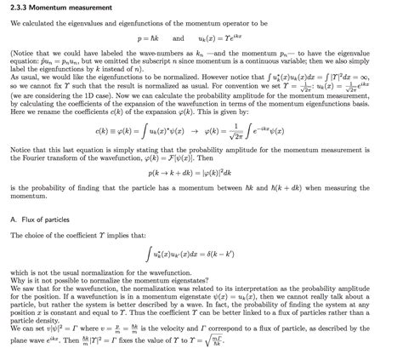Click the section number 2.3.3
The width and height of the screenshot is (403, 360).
[19, 6]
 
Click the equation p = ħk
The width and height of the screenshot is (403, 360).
[148, 39]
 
